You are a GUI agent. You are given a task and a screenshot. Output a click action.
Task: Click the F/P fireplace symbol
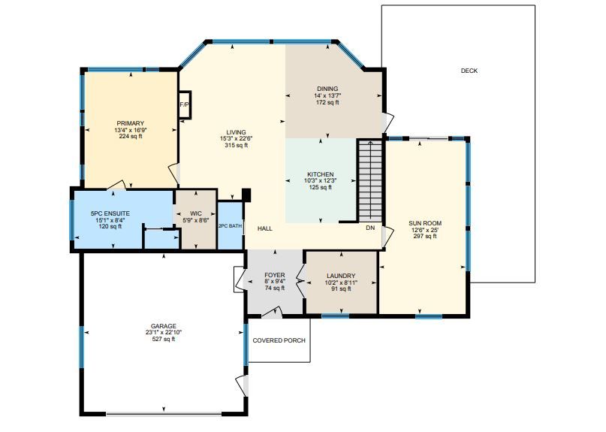click(x=185, y=104)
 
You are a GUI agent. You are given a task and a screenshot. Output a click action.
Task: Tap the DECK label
click(x=469, y=71)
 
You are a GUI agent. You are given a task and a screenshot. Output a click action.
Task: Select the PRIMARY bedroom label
click(x=130, y=123)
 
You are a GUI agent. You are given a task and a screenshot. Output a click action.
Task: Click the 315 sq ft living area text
click(x=236, y=146)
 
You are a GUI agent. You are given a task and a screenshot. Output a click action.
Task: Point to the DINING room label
click(x=327, y=89)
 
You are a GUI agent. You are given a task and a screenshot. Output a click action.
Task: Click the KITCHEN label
click(x=321, y=174)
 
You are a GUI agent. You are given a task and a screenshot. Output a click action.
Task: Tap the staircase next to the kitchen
click(x=370, y=180)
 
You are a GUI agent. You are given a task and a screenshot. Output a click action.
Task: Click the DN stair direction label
click(x=370, y=228)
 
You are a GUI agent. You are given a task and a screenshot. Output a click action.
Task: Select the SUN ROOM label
click(x=425, y=223)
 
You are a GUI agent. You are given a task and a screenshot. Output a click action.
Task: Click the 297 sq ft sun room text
click(x=425, y=237)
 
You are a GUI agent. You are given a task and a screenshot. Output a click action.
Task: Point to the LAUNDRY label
click(x=341, y=276)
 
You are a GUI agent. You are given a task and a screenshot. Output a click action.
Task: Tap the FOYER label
click(x=275, y=275)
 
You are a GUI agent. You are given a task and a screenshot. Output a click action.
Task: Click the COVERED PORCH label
click(x=279, y=340)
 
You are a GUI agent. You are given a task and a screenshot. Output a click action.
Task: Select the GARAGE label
click(x=164, y=326)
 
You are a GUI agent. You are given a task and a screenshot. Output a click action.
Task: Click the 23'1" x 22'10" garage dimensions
click(x=164, y=332)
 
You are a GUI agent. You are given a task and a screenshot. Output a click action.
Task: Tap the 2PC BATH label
click(x=231, y=226)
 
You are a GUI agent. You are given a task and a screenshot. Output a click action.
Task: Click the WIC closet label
click(x=196, y=213)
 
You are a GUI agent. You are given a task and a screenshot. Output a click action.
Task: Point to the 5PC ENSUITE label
click(x=110, y=213)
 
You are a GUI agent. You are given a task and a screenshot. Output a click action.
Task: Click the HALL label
click(x=265, y=228)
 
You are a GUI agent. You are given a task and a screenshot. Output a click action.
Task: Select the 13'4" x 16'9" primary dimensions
click(x=131, y=130)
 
